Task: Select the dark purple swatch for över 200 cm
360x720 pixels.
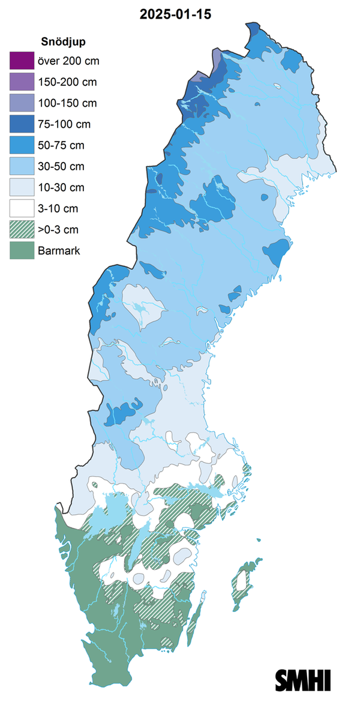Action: click(x=20, y=61)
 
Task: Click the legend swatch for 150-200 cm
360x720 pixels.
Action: click(x=20, y=82)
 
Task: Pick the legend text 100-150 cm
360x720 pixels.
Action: click(x=67, y=103)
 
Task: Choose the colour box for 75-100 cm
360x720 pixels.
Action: click(x=20, y=124)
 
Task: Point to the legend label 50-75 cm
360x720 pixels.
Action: click(x=61, y=145)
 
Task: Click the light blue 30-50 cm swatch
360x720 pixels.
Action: click(x=20, y=166)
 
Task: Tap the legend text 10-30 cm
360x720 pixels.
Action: click(x=61, y=188)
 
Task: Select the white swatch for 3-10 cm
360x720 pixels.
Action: click(x=20, y=209)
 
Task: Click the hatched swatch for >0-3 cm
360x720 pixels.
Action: click(x=20, y=230)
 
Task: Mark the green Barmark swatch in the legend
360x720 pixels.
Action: click(x=20, y=251)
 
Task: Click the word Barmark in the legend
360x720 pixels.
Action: click(x=58, y=251)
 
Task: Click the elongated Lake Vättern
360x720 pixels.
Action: click(x=136, y=549)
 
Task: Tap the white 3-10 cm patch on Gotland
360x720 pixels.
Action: click(x=243, y=580)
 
